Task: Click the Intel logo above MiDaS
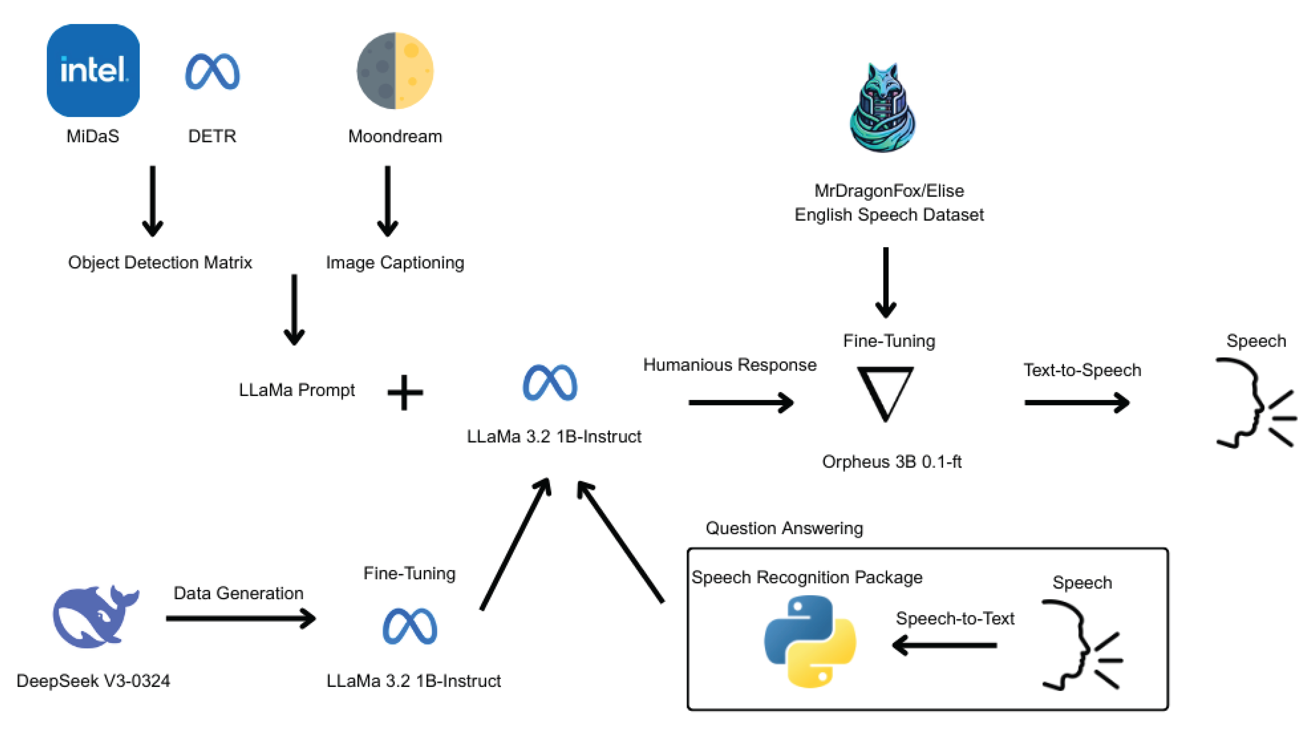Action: click(93, 70)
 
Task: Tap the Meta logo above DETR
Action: click(212, 71)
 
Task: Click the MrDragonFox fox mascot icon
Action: click(883, 107)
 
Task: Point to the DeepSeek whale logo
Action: click(96, 616)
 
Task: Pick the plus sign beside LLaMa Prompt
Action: click(405, 392)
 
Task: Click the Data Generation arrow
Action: click(241, 619)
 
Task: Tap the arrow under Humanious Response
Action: click(741, 402)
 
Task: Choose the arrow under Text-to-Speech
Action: click(1077, 402)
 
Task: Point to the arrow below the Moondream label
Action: click(387, 202)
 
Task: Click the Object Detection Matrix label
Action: click(160, 262)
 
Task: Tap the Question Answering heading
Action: click(784, 528)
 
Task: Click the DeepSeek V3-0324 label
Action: click(94, 681)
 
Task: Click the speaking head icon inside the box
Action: click(1081, 645)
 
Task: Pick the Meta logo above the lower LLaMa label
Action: click(410, 626)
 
